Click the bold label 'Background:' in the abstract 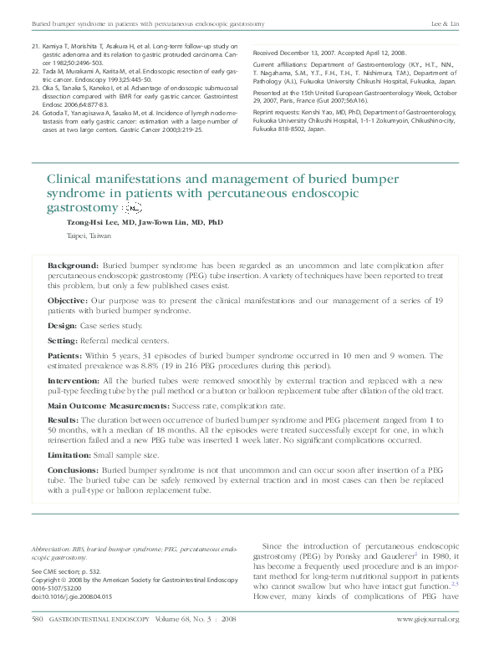click(74, 265)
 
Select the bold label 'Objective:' click(67, 299)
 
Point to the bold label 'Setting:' click(63, 341)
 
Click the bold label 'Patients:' click(65, 356)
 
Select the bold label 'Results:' click(64, 420)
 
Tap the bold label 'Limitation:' click(69, 454)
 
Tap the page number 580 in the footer click(37, 619)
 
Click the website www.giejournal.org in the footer click(427, 619)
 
